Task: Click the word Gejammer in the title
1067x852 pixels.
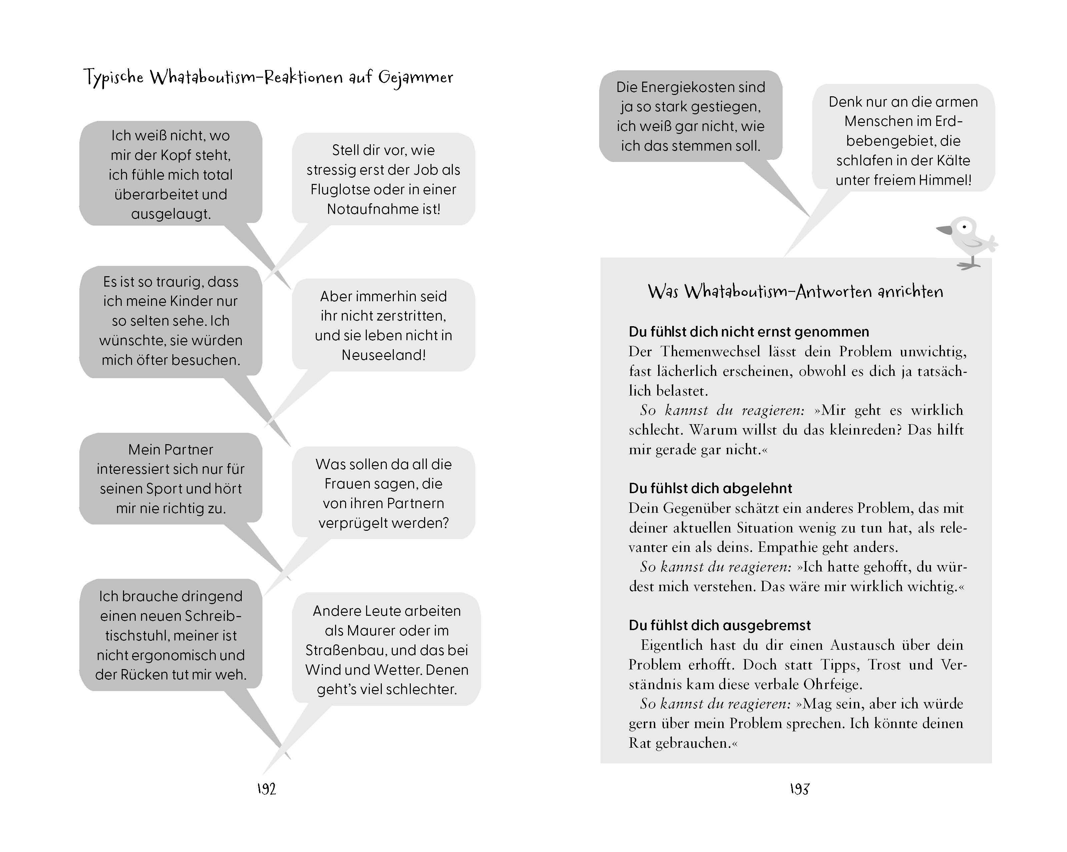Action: tap(416, 78)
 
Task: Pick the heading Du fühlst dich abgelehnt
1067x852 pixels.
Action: tap(710, 488)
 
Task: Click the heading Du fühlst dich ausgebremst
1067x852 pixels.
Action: tap(720, 625)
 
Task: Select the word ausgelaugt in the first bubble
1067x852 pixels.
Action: tap(170, 214)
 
